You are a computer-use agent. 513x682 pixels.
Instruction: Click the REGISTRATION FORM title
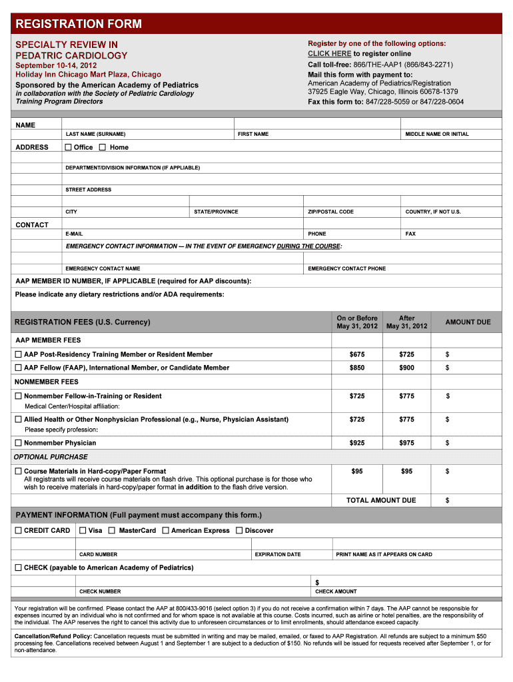79,25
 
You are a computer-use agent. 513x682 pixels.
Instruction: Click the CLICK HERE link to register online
329,53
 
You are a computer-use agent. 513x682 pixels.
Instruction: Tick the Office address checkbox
68,147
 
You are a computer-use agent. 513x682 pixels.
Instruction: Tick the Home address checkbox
103,147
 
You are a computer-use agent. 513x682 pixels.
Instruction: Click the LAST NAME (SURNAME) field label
95,135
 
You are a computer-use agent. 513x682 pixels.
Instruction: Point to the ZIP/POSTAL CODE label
330,212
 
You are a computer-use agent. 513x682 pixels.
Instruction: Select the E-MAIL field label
74,234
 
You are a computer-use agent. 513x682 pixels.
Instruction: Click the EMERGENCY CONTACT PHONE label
346,269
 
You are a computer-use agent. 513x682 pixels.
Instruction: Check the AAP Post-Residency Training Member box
19,354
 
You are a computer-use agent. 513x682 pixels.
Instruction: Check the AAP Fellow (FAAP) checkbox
19,368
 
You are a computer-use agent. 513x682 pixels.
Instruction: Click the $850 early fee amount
357,368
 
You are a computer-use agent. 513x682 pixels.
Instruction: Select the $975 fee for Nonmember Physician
406,443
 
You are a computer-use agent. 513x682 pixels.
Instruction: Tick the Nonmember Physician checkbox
19,443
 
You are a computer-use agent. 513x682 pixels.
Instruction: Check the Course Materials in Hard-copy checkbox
19,472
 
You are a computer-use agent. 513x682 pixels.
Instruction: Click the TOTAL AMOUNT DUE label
380,500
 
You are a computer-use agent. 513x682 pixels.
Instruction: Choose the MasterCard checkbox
113,531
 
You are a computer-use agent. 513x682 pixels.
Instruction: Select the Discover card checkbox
239,531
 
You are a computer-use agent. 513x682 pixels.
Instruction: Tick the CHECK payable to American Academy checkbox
19,568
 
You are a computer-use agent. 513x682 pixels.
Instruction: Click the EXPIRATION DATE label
278,555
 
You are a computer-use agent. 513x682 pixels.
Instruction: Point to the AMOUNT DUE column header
468,322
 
